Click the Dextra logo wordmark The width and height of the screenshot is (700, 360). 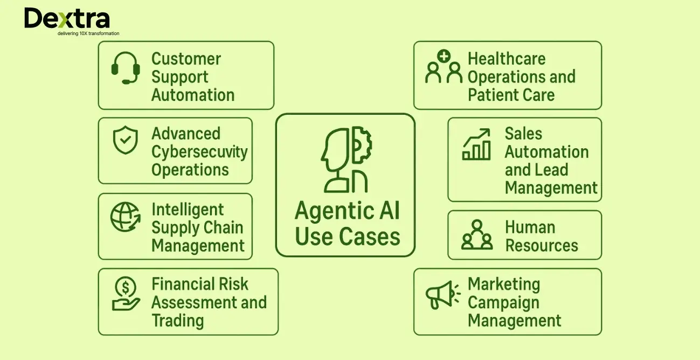(67, 19)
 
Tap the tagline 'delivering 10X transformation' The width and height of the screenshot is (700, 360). (88, 33)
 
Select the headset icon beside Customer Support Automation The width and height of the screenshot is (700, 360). (126, 68)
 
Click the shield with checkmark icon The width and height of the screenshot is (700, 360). (125, 140)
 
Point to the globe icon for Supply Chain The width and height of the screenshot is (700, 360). (126, 217)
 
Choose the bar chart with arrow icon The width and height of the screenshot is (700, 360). (477, 144)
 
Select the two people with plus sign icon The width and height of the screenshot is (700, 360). (444, 66)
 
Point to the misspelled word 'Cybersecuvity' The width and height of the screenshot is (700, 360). (199, 152)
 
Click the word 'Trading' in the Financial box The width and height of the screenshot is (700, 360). (178, 321)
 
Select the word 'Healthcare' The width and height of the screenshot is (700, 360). (507, 59)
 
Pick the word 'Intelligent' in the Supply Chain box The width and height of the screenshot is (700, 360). (188, 209)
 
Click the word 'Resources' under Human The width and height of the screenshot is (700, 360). (541, 246)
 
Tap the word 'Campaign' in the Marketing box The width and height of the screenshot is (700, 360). (503, 303)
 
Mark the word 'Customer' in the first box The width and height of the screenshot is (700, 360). (186, 59)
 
